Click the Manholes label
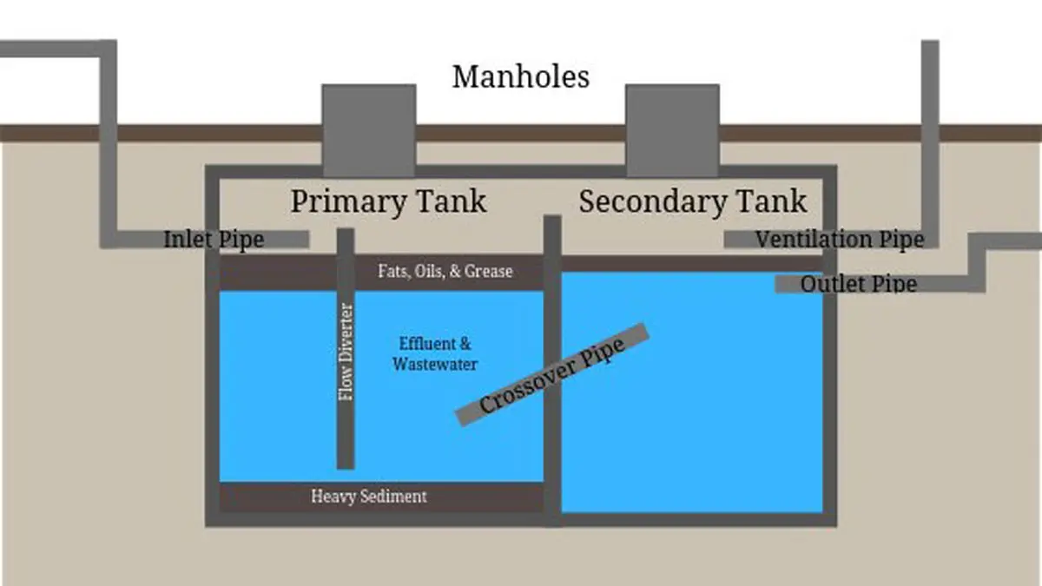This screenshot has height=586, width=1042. tap(521, 76)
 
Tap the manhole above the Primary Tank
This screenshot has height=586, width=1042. tap(369, 131)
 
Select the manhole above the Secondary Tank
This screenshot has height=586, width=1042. tap(672, 131)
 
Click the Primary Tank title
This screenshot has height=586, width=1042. tap(388, 201)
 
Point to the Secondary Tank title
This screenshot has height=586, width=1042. tap(693, 201)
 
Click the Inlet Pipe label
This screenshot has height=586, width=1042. tap(214, 240)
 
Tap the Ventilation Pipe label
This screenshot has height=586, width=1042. tap(840, 240)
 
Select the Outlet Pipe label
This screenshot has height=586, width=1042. tap(859, 284)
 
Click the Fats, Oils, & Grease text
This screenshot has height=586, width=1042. tap(445, 271)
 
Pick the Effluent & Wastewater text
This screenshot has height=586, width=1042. tap(435, 354)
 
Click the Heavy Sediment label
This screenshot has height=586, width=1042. tap(369, 497)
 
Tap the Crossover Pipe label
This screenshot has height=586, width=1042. tap(552, 375)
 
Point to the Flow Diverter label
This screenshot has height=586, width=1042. tap(346, 352)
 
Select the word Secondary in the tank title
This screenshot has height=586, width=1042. tap(653, 202)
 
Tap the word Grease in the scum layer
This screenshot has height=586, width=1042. tap(488, 271)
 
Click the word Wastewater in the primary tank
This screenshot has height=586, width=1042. tap(435, 364)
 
